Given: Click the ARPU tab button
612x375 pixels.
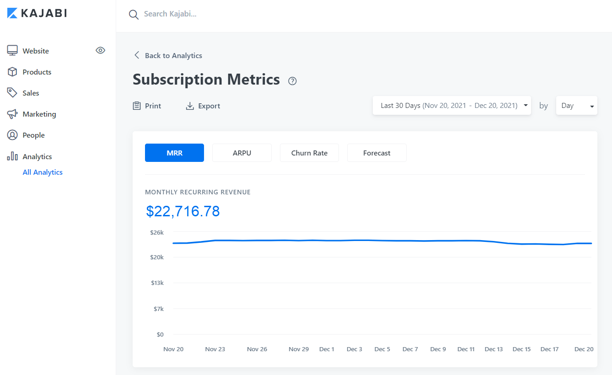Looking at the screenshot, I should pyautogui.click(x=242, y=153).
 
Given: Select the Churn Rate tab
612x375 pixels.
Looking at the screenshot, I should pyautogui.click(x=309, y=153).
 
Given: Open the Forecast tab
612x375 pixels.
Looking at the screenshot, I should pyautogui.click(x=377, y=153).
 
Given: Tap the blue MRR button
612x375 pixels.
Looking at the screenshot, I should pyautogui.click(x=174, y=153).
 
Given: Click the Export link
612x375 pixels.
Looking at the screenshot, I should pyautogui.click(x=203, y=106).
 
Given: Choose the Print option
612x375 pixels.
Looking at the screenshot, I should pyautogui.click(x=147, y=106).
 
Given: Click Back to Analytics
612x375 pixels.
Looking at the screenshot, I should pyautogui.click(x=168, y=55).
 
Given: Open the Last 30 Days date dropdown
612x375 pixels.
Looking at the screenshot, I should pyautogui.click(x=451, y=106).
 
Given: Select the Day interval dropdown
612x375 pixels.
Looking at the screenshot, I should pyautogui.click(x=576, y=106).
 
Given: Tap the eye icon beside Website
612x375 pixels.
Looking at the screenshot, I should pyautogui.click(x=101, y=50).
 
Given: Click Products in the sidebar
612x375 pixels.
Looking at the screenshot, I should pyautogui.click(x=37, y=72).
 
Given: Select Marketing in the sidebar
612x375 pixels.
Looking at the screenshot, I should pyautogui.click(x=39, y=114).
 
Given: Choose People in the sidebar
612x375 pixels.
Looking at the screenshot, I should pyautogui.click(x=33, y=135).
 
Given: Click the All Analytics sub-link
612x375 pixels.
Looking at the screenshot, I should pyautogui.click(x=43, y=172).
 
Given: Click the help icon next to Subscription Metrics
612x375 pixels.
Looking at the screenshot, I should pyautogui.click(x=293, y=81).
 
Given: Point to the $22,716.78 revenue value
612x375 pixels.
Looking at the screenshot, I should pyautogui.click(x=183, y=211).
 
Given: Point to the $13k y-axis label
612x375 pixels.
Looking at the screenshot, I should pyautogui.click(x=157, y=283).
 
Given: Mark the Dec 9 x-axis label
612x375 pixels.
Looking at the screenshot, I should pyautogui.click(x=438, y=349).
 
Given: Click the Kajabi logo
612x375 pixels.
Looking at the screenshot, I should pyautogui.click(x=37, y=13).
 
